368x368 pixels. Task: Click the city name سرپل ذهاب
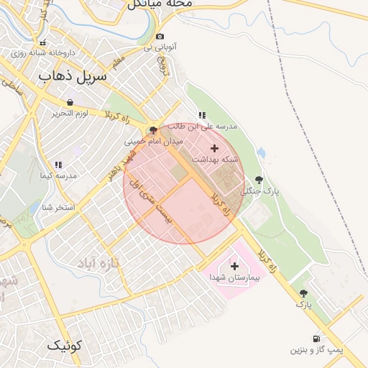click(72, 75)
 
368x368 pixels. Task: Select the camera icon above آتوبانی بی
click(160, 37)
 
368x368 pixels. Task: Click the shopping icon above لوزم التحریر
click(70, 102)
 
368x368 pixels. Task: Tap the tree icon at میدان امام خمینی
click(152, 130)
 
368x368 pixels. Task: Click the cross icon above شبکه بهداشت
click(214, 147)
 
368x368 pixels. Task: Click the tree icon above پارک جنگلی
click(259, 180)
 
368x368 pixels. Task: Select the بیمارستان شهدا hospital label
click(234, 277)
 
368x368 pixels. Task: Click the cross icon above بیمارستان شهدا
click(234, 266)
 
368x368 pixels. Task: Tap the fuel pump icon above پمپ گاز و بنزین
click(316, 339)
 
